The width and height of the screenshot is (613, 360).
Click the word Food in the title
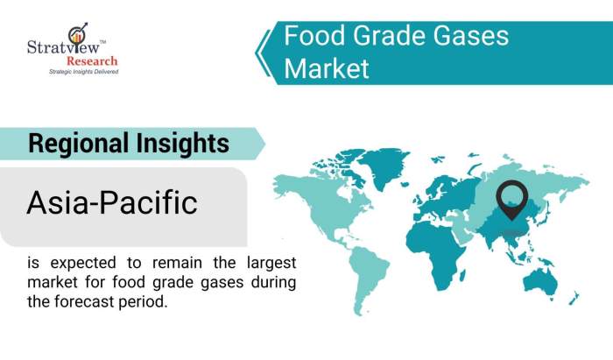tap(314, 36)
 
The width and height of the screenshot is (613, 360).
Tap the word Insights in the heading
tap(187, 143)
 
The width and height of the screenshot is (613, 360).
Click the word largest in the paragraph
tap(268, 262)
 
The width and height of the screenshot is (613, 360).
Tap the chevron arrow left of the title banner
tap(263, 52)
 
